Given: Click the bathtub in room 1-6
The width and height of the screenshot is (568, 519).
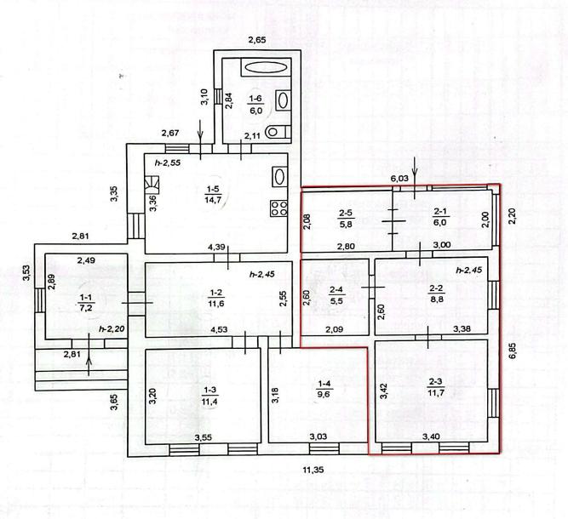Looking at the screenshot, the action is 266,67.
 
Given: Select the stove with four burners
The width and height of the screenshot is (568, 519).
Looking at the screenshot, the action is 279,208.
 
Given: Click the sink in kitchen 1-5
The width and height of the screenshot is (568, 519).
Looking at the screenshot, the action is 279,177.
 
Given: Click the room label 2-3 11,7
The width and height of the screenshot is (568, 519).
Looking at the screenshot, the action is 435,387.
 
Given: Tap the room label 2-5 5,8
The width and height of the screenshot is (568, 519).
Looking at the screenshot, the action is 346,220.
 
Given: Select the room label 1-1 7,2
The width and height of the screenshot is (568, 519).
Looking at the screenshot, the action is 86,303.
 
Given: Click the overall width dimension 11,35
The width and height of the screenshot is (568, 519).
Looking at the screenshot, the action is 313,471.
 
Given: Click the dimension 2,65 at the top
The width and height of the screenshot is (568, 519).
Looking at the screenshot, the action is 257,40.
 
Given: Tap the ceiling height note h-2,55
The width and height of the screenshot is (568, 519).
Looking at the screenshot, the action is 168,163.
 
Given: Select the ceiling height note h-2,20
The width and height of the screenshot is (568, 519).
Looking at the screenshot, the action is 112,329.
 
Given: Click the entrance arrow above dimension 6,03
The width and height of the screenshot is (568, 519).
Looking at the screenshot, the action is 415,178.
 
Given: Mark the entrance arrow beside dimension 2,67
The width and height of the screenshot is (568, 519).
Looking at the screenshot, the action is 200,145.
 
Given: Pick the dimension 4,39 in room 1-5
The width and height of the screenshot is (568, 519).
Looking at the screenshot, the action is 216,248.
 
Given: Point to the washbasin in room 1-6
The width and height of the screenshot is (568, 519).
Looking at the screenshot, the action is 283,100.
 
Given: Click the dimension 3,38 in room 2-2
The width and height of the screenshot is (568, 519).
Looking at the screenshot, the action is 462,328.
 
